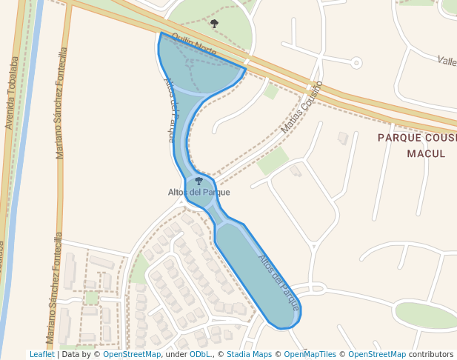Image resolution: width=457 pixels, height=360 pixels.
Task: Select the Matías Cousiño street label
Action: [x=301, y=107]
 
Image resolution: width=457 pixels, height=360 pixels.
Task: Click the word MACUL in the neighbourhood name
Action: [x=426, y=153]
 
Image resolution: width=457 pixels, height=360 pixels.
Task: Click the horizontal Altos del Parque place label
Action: [x=199, y=193]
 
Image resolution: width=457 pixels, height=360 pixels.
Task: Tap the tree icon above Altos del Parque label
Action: [x=199, y=181]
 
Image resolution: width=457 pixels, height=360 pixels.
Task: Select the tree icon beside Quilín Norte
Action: [x=214, y=24]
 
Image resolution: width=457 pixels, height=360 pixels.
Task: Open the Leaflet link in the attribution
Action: [x=42, y=355]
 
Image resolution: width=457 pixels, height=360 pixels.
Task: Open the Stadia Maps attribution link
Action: [x=249, y=355]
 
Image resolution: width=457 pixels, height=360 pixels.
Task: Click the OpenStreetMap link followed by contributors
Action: [x=376, y=355]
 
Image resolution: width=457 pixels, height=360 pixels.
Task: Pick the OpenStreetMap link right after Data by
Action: [x=132, y=355]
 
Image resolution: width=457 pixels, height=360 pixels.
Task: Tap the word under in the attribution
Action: [x=176, y=355]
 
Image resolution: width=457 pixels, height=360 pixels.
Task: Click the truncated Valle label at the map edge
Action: [x=447, y=61]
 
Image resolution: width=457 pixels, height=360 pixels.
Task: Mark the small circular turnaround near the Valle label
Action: [x=356, y=63]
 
